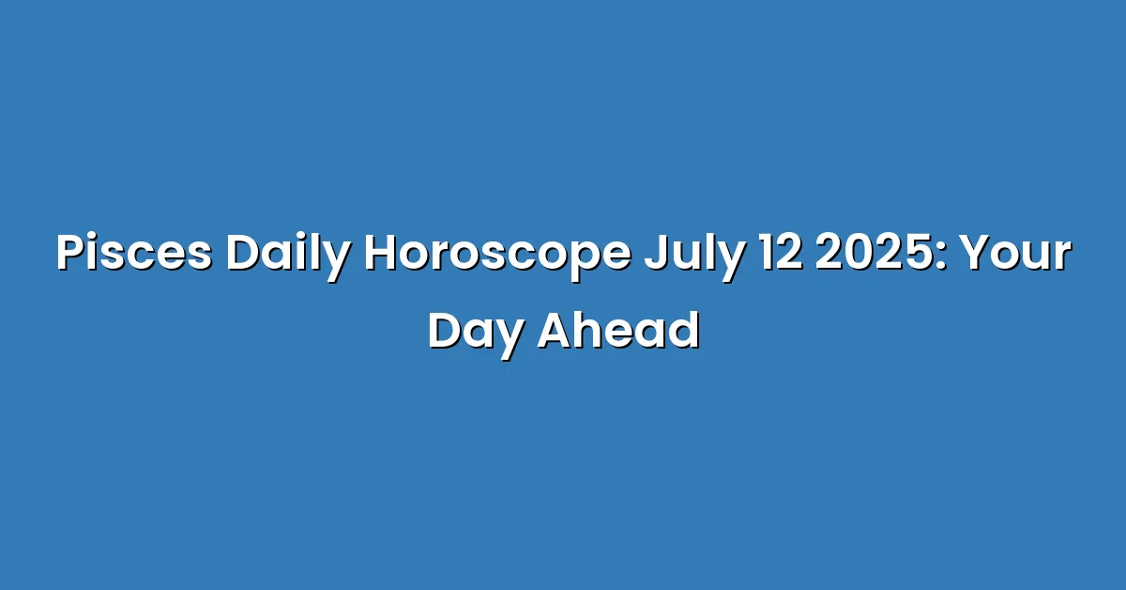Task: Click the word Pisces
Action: pyautogui.click(x=133, y=253)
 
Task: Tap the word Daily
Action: pyautogui.click(x=288, y=257)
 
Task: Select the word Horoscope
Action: pyautogui.click(x=497, y=257)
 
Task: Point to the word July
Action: pyautogui.click(x=694, y=257)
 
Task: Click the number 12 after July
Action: pyautogui.click(x=781, y=253)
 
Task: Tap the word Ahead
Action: pyautogui.click(x=618, y=331)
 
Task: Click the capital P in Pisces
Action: pyautogui.click(x=70, y=253)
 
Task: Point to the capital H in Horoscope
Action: pyautogui.click(x=382, y=253)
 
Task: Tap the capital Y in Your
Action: pyautogui.click(x=976, y=253)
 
